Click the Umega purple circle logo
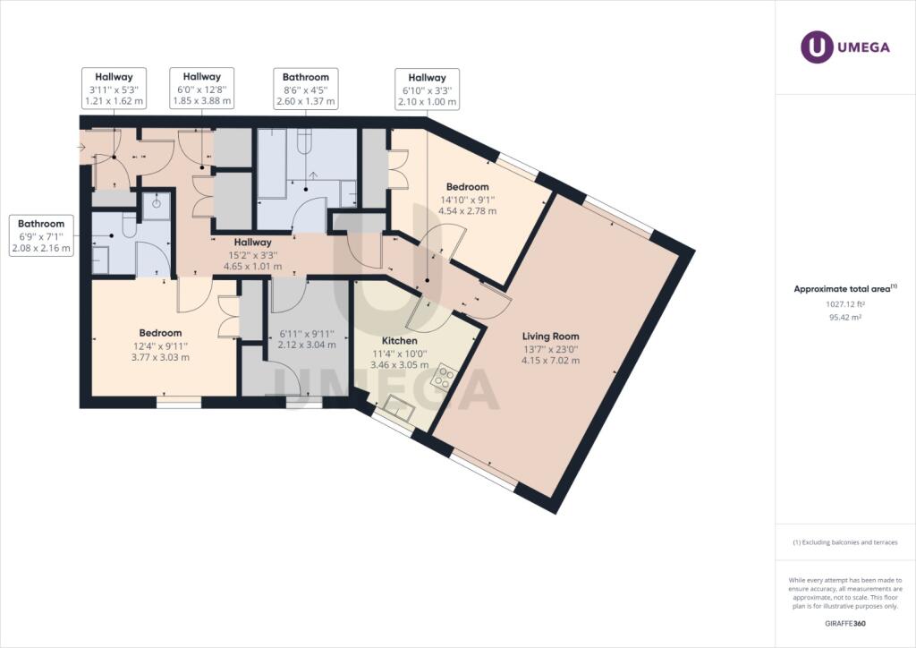[x=816, y=47]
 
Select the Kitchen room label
[x=399, y=341]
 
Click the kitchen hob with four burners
[x=442, y=379]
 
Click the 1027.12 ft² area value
[x=844, y=303]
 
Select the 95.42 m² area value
[x=844, y=317]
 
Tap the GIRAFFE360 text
[x=844, y=623]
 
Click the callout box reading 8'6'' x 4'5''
[x=306, y=90]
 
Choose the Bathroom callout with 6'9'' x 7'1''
[x=42, y=235]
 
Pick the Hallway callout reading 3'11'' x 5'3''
[x=114, y=90]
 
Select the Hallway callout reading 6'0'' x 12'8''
[x=201, y=90]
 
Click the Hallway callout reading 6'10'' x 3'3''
[x=427, y=90]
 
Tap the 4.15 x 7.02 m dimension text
[x=552, y=361]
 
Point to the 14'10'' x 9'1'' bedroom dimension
[x=467, y=200]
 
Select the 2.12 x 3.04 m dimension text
[x=307, y=345]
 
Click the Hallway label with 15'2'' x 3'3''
[x=253, y=254]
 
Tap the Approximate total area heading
[x=844, y=289]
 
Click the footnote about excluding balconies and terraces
[x=844, y=542]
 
